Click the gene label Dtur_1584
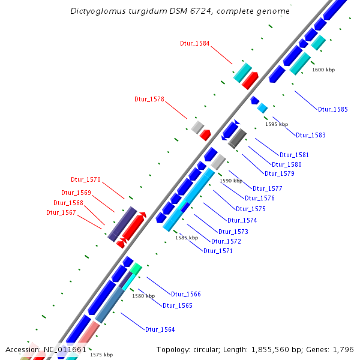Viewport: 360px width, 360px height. coord(195,43)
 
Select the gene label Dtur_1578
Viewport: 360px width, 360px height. coord(149,100)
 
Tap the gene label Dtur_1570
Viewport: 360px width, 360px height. coord(86,179)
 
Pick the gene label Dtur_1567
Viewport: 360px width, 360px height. coord(61,212)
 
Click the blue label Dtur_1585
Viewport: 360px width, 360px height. coord(333,109)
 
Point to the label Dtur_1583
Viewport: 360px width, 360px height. coord(311,135)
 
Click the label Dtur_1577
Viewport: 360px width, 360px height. coord(268,188)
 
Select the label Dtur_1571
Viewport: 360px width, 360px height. coord(218,251)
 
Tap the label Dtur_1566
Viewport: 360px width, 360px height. coord(186,294)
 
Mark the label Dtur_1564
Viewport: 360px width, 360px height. coord(160,329)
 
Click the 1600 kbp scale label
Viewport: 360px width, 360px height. coord(323,70)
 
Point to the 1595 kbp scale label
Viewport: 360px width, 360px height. coord(277,124)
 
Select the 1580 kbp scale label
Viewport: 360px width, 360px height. coord(143,296)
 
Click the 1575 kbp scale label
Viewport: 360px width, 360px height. coord(101,355)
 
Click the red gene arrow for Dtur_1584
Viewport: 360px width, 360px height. coord(250,80)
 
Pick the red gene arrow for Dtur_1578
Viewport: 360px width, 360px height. coord(206,134)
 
